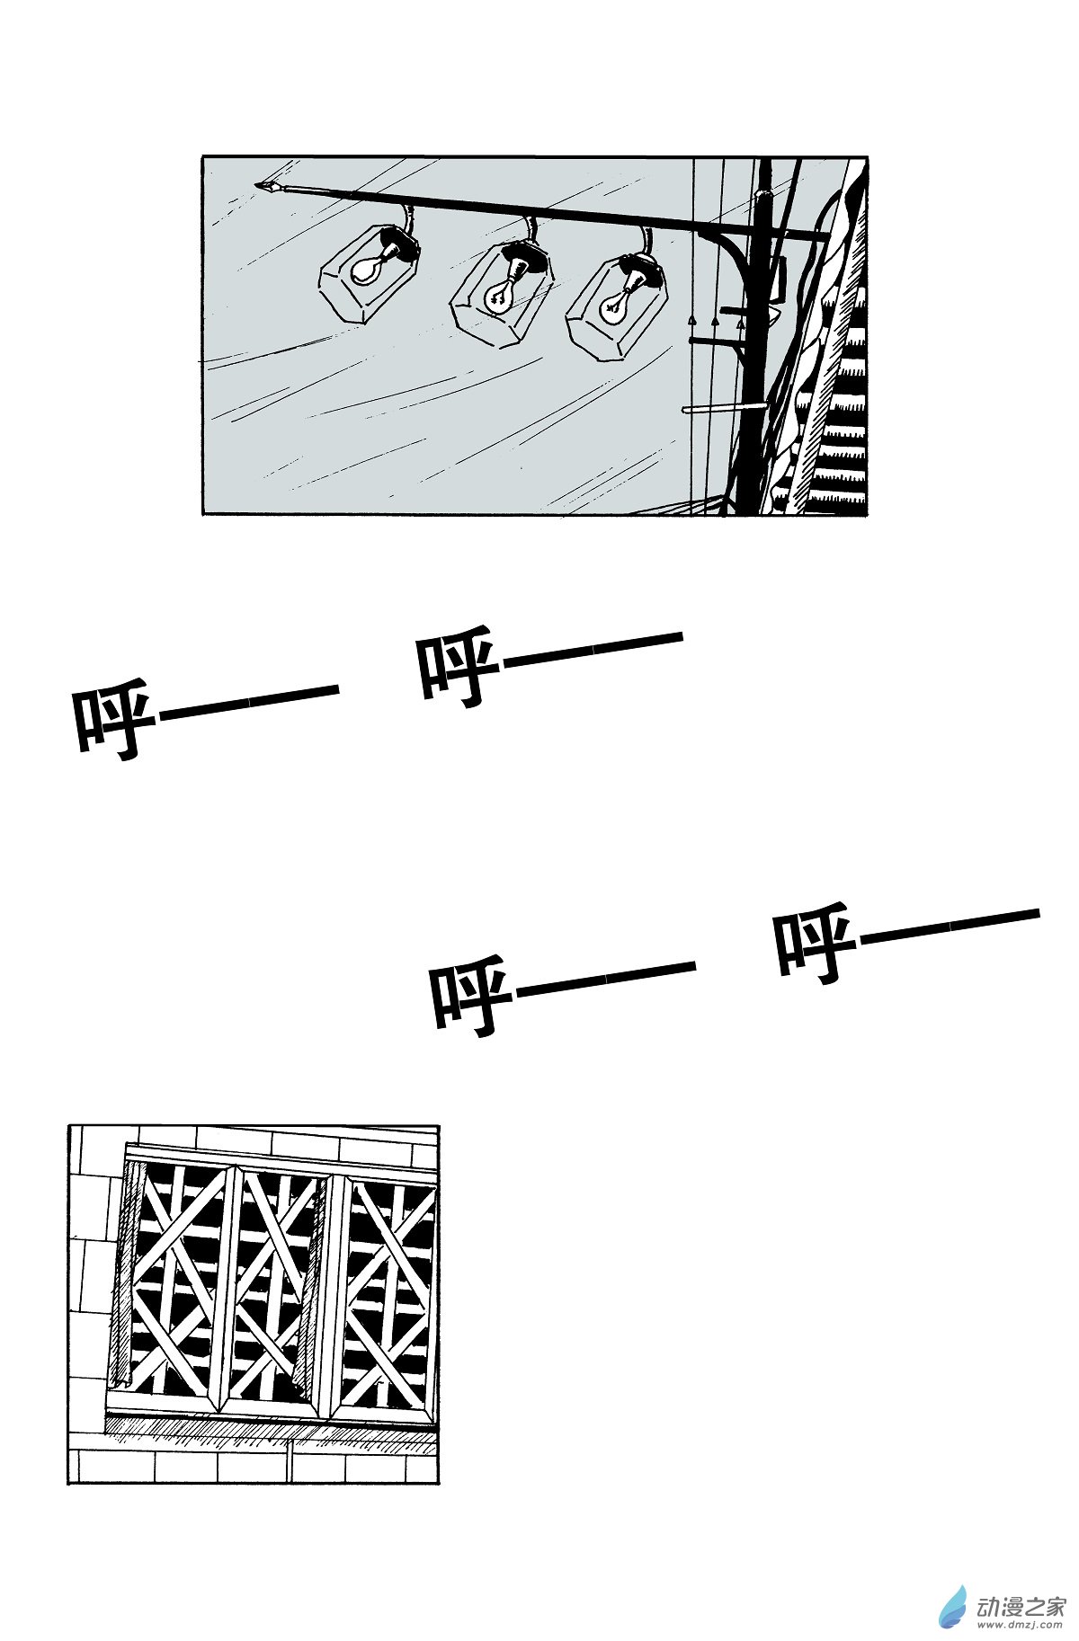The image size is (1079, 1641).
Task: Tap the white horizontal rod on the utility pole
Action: (x=725, y=408)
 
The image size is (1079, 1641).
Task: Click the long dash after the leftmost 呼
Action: (x=248, y=701)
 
